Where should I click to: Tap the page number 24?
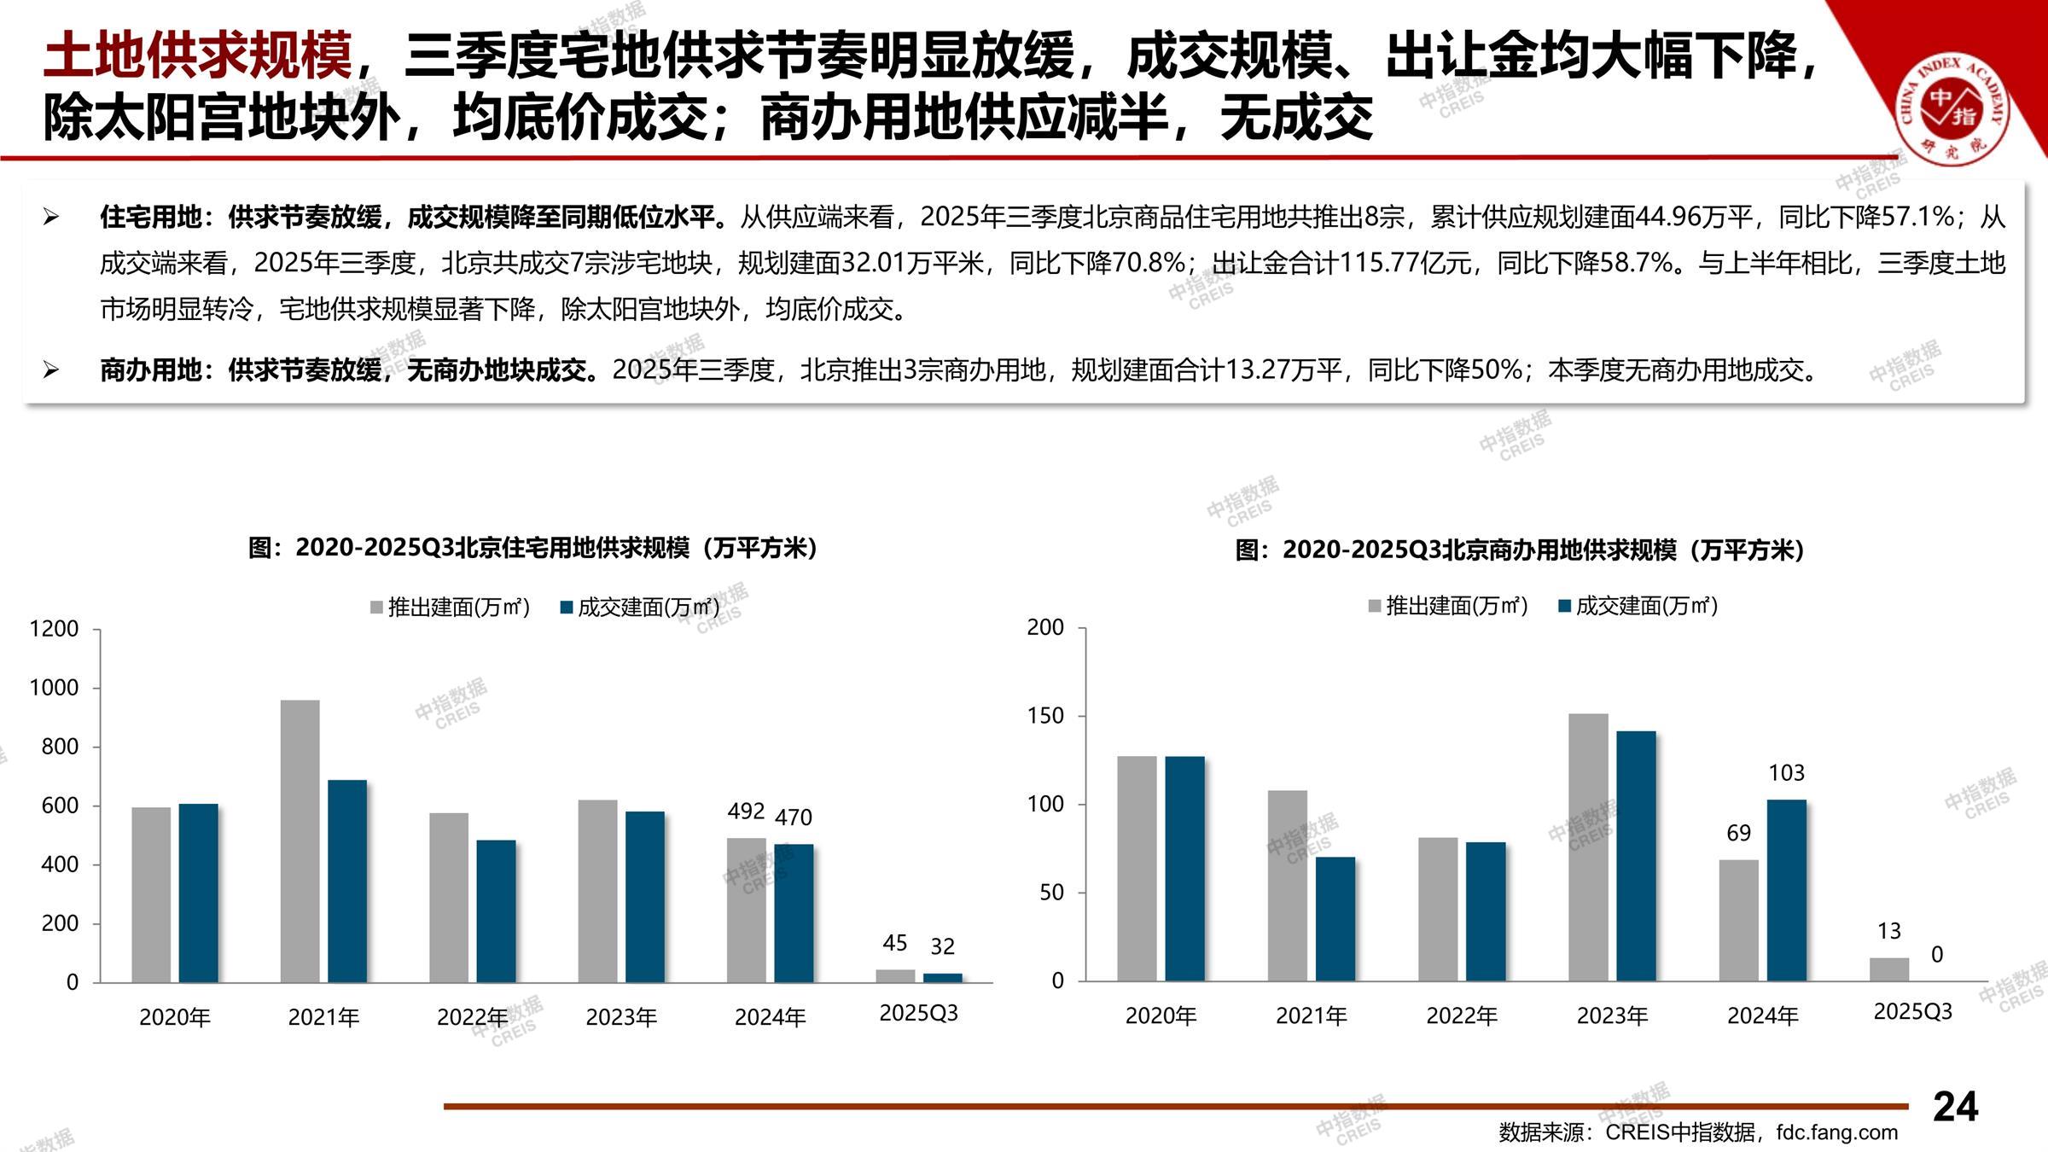[1955, 1107]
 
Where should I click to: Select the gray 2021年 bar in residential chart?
[300, 841]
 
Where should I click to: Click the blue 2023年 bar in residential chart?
[644, 896]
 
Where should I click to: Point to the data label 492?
[746, 811]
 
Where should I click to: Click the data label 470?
[793, 817]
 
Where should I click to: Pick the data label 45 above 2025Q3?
[894, 943]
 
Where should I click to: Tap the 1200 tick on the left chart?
[54, 629]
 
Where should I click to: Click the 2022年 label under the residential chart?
[472, 1017]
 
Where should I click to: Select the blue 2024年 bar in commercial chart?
[1786, 889]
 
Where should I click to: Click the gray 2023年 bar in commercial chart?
[1588, 847]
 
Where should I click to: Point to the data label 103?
[1786, 773]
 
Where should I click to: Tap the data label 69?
[1738, 833]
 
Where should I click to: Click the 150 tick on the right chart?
[1045, 716]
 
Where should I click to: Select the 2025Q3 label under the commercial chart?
[1912, 1011]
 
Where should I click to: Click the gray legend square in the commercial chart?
[1374, 606]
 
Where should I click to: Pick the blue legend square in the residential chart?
[567, 608]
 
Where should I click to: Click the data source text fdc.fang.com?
[1836, 1132]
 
